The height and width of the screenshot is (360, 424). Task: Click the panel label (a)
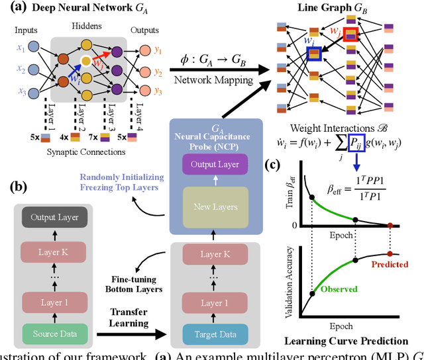(15, 9)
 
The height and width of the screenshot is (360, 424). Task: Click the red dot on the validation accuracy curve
(390, 253)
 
